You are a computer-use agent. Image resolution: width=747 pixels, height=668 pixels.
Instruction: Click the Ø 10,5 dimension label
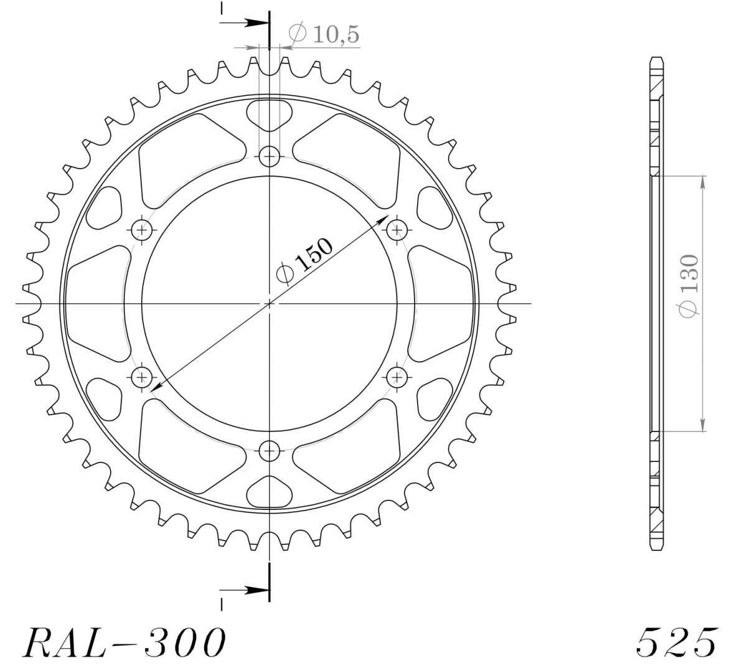pyautogui.click(x=323, y=34)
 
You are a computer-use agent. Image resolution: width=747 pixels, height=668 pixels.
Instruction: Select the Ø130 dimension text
pyautogui.click(x=687, y=286)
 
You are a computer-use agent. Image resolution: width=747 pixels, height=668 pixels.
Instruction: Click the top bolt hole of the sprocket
pyautogui.click(x=270, y=156)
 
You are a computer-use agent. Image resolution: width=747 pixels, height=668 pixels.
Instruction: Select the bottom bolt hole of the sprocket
pyautogui.click(x=270, y=451)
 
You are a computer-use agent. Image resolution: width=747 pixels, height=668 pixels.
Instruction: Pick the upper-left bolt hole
pyautogui.click(x=142, y=230)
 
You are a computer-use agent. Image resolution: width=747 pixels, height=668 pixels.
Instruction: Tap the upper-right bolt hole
pyautogui.click(x=397, y=230)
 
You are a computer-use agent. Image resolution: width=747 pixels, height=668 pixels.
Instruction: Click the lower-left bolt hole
pyautogui.click(x=142, y=377)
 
